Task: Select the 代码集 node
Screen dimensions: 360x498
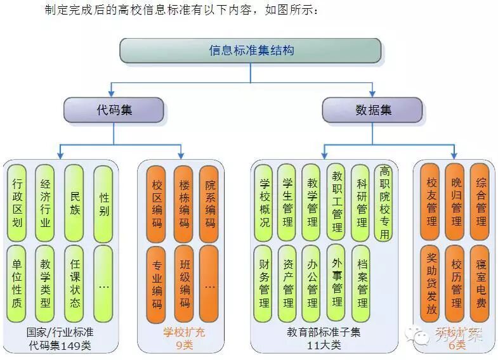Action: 114,110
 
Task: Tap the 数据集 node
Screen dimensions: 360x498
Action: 372,110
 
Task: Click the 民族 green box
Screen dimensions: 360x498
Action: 75,203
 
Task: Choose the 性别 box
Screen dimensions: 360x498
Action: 103,203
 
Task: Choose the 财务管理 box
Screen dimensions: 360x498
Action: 265,283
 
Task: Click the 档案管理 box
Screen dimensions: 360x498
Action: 361,283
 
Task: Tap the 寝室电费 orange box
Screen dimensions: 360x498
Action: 480,283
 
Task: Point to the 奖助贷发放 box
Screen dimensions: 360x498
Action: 431,283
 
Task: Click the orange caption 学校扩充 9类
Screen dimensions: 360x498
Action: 184,338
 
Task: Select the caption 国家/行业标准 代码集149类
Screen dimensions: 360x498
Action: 60,338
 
